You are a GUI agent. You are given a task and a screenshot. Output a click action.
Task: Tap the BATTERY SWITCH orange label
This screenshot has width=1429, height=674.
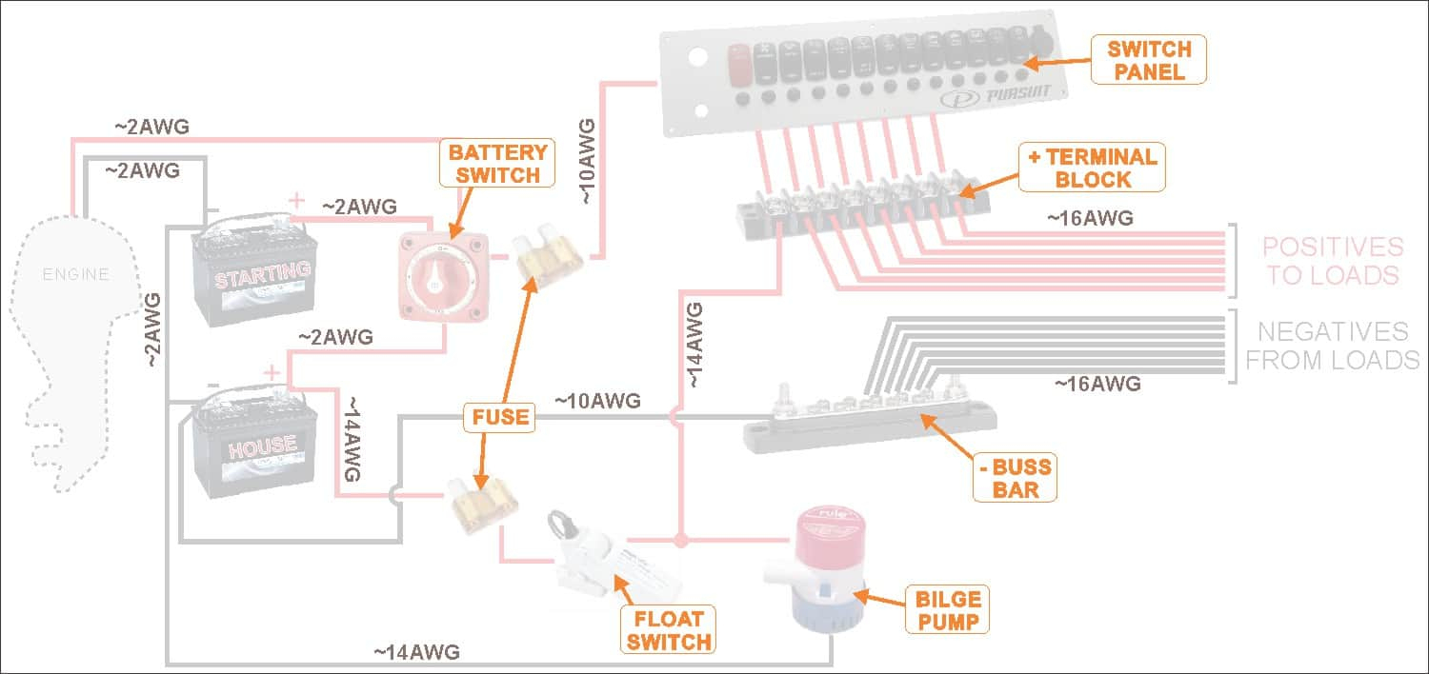click(x=497, y=164)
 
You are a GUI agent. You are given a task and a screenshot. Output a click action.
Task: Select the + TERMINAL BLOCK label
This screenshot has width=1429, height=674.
click(x=1092, y=168)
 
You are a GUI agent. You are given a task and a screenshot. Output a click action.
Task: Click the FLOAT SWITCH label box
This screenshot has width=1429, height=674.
click(x=669, y=629)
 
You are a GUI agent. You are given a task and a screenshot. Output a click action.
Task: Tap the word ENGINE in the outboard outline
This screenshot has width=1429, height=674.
click(x=75, y=275)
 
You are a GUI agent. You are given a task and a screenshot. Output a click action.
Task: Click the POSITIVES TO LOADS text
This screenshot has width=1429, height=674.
click(x=1331, y=261)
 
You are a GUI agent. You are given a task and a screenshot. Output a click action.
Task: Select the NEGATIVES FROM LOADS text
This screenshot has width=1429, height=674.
click(x=1332, y=346)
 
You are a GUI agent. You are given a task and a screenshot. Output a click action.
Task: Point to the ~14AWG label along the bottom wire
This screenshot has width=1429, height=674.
click(x=416, y=652)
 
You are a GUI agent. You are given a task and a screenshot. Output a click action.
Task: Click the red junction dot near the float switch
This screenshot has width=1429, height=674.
click(x=680, y=541)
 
